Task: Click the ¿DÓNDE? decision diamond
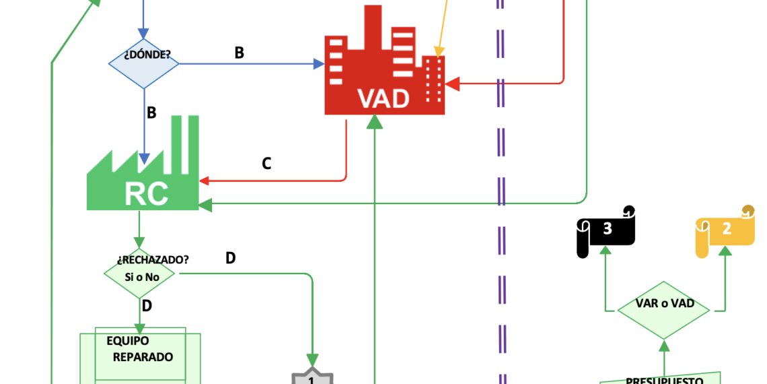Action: click(x=144, y=63)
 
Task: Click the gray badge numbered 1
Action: click(x=312, y=377)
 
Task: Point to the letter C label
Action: click(x=266, y=164)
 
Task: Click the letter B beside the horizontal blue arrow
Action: click(x=239, y=53)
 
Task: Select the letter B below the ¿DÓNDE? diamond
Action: click(x=151, y=113)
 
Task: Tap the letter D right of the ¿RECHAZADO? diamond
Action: click(x=230, y=258)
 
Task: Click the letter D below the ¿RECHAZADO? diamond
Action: click(x=147, y=306)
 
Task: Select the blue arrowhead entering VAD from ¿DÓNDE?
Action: click(x=319, y=64)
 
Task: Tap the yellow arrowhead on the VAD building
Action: click(x=439, y=52)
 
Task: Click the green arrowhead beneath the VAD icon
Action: click(x=374, y=122)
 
